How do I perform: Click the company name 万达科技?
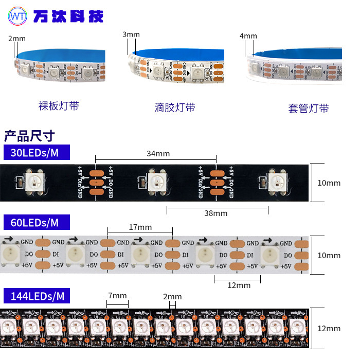click(68, 16)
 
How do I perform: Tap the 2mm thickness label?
click(17, 39)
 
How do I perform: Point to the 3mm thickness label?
click(131, 34)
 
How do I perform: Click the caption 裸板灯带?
click(59, 106)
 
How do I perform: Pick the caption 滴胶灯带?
click(175, 107)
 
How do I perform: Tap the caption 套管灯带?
click(308, 109)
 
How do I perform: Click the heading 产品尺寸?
click(29, 136)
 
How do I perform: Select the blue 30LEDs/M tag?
click(37, 153)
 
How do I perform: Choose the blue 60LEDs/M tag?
click(37, 222)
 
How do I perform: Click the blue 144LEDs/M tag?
click(37, 296)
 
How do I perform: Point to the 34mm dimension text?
click(158, 153)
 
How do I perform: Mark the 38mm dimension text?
click(215, 213)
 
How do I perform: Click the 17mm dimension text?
click(140, 227)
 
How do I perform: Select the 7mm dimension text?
click(117, 296)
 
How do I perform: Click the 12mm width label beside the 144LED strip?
click(329, 329)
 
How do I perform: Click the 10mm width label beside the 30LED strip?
click(329, 183)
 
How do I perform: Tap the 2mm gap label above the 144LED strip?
click(172, 297)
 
